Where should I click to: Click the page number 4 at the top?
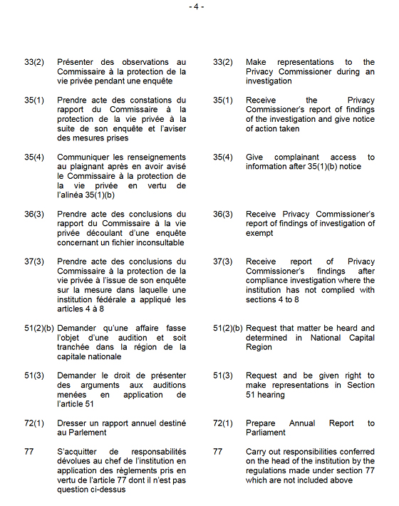point(197,6)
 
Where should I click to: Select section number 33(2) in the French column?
point(34,63)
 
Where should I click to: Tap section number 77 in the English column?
point(218,452)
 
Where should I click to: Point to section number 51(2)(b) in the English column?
point(228,329)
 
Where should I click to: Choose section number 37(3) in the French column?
point(34,262)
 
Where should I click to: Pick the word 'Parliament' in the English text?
point(266,433)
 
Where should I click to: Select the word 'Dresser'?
point(72,423)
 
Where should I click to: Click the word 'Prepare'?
point(261,423)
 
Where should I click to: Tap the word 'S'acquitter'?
point(79,452)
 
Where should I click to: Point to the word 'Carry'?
point(256,452)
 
